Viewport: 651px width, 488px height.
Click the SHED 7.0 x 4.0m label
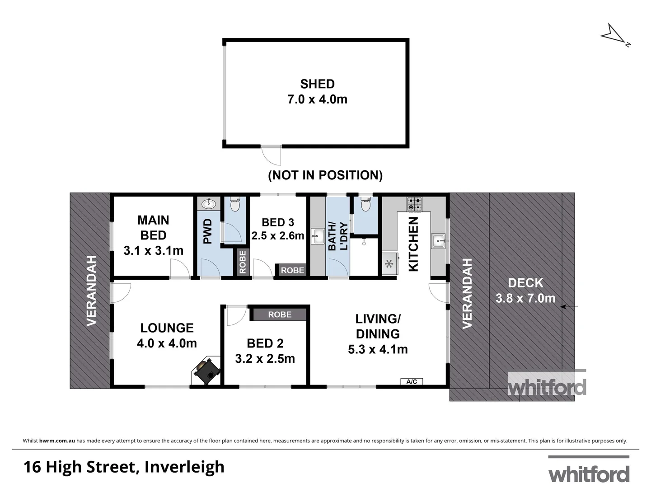tap(317, 92)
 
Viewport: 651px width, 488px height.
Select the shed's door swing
tap(272, 155)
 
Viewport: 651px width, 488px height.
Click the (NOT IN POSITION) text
tap(325, 175)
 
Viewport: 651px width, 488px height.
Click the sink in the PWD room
tap(208, 204)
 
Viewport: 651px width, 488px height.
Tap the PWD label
tap(207, 231)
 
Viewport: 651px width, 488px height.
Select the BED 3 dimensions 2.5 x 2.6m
tap(278, 235)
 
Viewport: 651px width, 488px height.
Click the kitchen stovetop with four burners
tap(414, 204)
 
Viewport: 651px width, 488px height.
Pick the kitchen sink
tap(438, 241)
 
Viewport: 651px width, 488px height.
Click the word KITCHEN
tap(413, 244)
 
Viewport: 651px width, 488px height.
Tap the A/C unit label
tap(412, 382)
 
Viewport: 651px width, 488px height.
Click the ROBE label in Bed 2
tap(280, 314)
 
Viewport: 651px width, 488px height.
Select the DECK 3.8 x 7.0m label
tap(525, 291)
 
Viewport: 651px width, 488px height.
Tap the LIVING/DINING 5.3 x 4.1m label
tap(378, 334)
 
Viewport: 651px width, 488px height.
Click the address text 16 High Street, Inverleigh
tap(124, 467)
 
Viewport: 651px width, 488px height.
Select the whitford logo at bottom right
tap(589, 471)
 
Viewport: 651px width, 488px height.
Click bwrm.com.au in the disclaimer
tap(57, 441)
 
